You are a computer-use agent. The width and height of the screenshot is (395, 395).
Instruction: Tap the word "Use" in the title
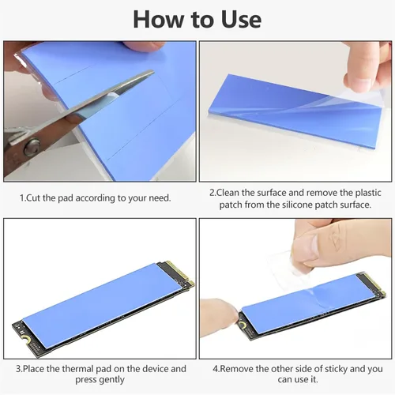(x=241, y=20)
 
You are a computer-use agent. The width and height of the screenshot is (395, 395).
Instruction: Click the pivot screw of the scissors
(x=32, y=148)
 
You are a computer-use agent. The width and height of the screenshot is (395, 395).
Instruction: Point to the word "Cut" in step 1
(x=34, y=197)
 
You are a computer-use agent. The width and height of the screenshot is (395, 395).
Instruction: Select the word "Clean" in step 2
(x=228, y=193)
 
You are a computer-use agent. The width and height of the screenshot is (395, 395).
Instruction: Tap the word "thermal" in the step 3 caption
(x=77, y=369)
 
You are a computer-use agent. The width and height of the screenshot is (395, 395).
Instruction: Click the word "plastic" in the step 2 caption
(x=367, y=193)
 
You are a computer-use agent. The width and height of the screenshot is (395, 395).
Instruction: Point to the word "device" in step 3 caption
(x=156, y=369)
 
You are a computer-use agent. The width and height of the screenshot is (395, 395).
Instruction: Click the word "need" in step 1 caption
(x=160, y=197)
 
